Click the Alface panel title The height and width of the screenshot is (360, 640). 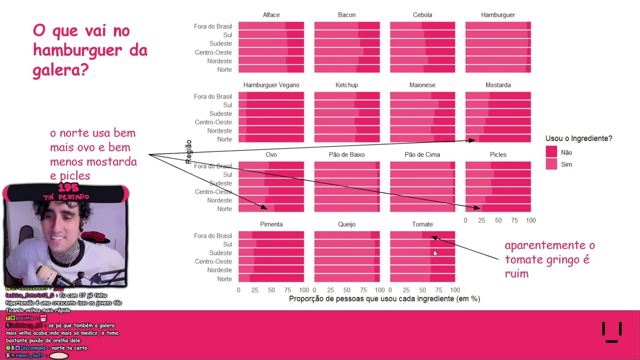click(x=271, y=15)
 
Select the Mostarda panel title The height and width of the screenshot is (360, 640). click(x=498, y=85)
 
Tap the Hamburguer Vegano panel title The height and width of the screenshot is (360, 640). click(x=271, y=85)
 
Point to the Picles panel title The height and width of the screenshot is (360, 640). click(x=498, y=154)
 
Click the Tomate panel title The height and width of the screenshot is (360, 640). click(x=422, y=224)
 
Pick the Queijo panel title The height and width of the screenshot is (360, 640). click(x=346, y=224)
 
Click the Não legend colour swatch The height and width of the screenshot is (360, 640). click(x=551, y=152)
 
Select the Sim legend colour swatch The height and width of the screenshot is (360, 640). click(x=551, y=164)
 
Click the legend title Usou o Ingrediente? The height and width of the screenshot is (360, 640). click(x=578, y=138)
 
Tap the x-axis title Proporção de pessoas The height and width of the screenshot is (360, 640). click(x=384, y=299)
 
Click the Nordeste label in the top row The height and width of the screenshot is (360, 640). click(x=219, y=61)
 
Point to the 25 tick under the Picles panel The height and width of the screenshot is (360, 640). click(x=481, y=220)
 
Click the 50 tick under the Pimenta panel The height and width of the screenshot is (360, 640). click(x=271, y=290)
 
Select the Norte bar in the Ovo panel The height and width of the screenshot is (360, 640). click(x=271, y=209)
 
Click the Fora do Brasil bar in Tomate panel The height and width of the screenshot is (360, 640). click(x=422, y=235)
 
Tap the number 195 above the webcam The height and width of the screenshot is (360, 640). click(x=68, y=188)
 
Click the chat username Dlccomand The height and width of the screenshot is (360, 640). click(x=33, y=348)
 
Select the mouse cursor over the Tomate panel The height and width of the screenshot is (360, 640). click(x=435, y=254)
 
